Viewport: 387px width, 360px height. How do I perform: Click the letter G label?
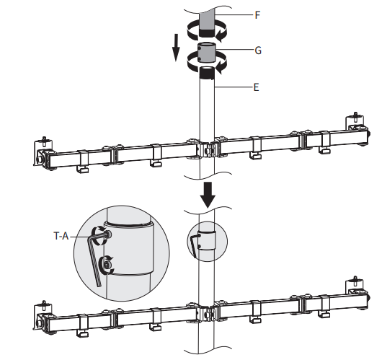[x=258, y=51]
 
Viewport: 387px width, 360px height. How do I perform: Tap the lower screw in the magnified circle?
[x=107, y=266]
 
